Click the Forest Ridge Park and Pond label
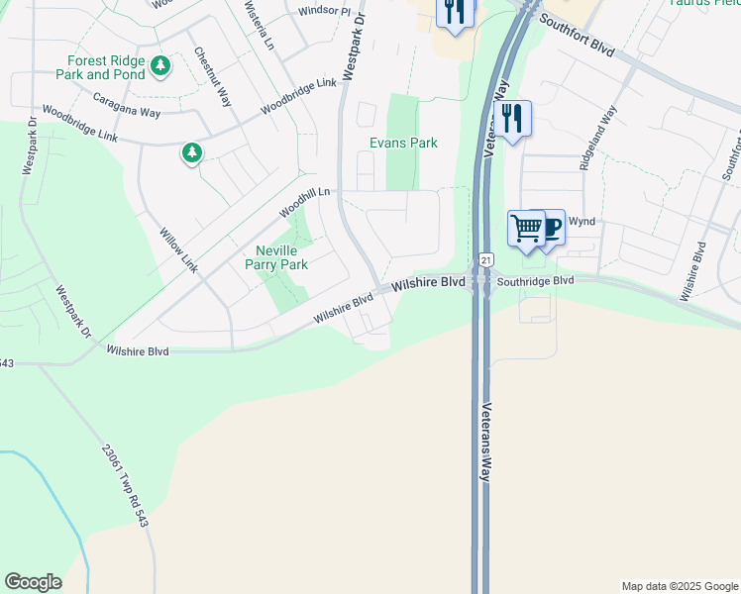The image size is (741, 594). (x=103, y=67)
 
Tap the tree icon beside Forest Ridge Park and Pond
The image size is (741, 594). (x=160, y=66)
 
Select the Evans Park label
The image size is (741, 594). (x=403, y=143)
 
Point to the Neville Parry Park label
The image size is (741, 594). (x=276, y=257)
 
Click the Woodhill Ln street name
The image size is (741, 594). (x=303, y=201)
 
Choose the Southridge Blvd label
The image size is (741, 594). (x=536, y=280)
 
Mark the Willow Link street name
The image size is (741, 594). (x=179, y=250)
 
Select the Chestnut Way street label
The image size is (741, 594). (x=212, y=76)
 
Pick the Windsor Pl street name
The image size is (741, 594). (x=324, y=12)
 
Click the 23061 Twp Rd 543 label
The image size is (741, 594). (x=124, y=484)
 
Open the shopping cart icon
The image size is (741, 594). (x=526, y=228)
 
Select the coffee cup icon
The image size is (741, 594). (x=551, y=227)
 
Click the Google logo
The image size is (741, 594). (x=33, y=582)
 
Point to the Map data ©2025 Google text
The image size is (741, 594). (x=680, y=586)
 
